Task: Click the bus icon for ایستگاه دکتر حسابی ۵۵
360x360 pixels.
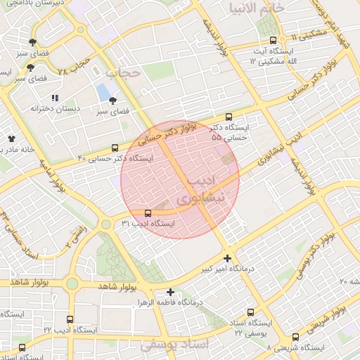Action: coord(228,117)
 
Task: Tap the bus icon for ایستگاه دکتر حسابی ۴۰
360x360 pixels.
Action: coord(115,147)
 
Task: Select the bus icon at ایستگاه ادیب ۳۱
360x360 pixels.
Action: coord(147,212)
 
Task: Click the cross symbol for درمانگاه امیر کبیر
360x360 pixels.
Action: coord(226,258)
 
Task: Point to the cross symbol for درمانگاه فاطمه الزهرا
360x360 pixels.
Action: coord(169,292)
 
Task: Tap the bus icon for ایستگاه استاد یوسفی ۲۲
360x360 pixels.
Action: coord(250,312)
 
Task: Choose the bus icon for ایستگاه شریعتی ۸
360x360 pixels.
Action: coord(295,337)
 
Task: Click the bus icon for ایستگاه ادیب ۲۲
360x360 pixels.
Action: coord(70,319)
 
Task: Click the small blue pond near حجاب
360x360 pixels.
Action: coord(104,91)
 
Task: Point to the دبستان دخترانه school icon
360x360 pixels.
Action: coord(54,98)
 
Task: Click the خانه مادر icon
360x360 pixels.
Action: coord(11,139)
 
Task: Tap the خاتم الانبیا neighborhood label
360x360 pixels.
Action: coord(256,8)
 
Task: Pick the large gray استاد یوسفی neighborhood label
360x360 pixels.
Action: coord(175,345)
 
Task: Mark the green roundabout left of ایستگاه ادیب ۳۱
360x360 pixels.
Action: coord(105,224)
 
